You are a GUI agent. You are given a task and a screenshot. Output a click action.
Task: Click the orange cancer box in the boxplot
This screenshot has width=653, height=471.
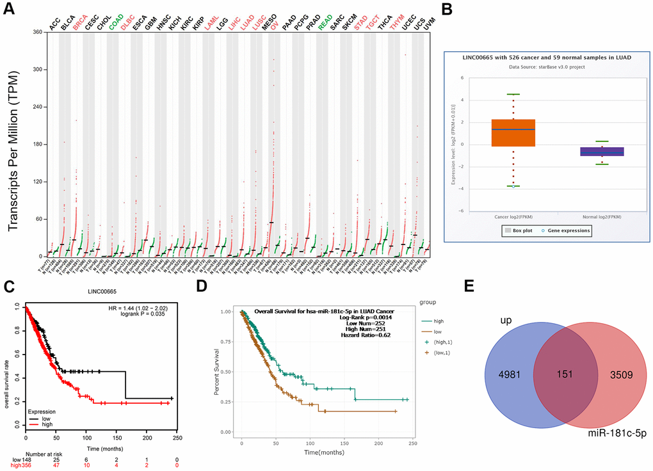click(513, 133)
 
